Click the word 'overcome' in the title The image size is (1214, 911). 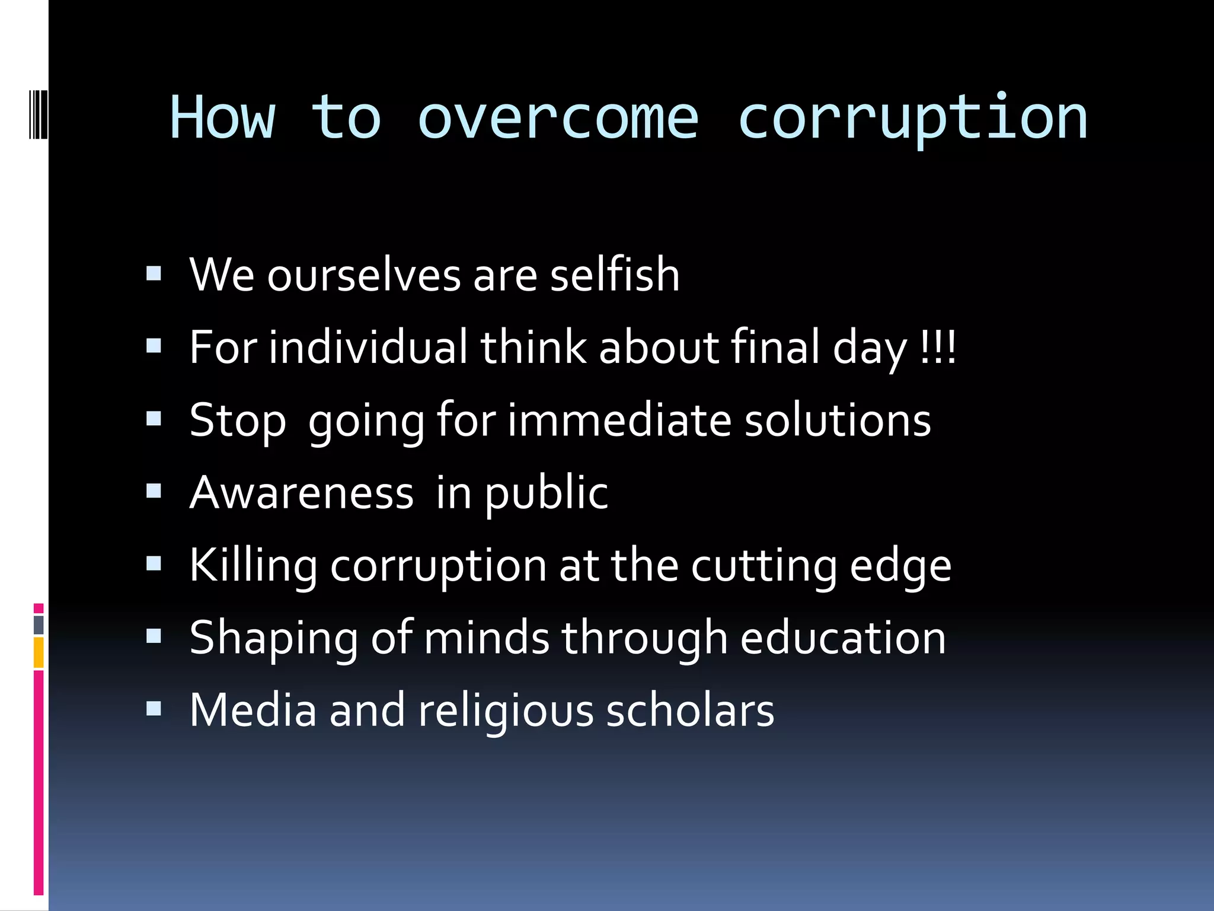[x=558, y=119]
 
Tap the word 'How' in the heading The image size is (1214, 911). [x=222, y=118]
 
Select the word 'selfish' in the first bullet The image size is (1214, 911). [x=615, y=275]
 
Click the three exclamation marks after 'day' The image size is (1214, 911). [x=938, y=348]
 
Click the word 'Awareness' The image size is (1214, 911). [x=301, y=493]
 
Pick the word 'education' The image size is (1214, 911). [x=843, y=638]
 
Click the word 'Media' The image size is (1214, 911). [x=253, y=710]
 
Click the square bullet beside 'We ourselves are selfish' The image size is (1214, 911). [x=154, y=273]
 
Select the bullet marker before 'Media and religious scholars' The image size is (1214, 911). [x=154, y=708]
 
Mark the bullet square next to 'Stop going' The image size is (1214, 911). [x=154, y=419]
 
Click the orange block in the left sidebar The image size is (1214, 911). [x=39, y=652]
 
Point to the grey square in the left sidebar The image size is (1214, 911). [x=39, y=625]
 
